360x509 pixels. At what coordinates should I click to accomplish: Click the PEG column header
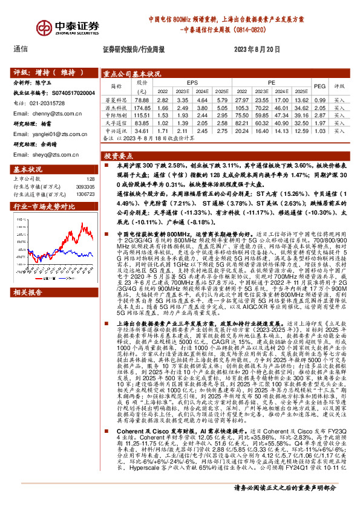pos(319,86)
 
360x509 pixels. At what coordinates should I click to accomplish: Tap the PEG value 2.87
pos(319,114)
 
